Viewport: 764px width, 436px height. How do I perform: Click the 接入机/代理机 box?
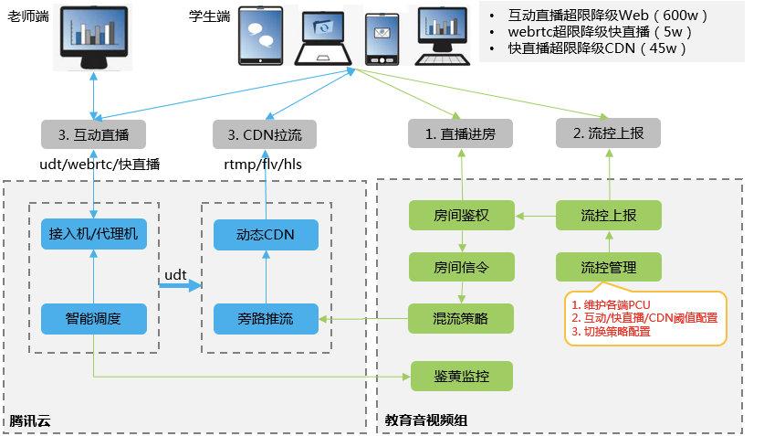click(93, 234)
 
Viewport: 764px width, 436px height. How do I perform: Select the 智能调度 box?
click(93, 319)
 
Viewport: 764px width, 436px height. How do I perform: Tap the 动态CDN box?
click(266, 234)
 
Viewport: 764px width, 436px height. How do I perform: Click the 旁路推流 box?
click(266, 319)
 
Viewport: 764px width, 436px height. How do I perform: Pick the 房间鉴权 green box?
click(462, 217)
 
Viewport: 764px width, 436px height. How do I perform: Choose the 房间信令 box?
click(462, 268)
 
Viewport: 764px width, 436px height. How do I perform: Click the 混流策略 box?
click(462, 319)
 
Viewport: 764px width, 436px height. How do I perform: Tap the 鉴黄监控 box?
click(462, 376)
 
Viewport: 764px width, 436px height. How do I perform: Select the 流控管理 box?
click(609, 268)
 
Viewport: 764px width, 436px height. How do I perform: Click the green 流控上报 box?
click(609, 217)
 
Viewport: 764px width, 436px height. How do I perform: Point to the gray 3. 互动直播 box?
click(93, 134)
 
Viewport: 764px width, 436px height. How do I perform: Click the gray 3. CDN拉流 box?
click(266, 134)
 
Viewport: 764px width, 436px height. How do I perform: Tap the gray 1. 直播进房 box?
click(462, 134)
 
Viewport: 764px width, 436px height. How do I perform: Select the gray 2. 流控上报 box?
click(609, 134)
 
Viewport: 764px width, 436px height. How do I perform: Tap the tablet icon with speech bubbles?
click(262, 37)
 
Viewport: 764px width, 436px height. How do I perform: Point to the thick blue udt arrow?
click(179, 286)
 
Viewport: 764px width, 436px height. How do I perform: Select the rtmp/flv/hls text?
click(265, 165)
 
